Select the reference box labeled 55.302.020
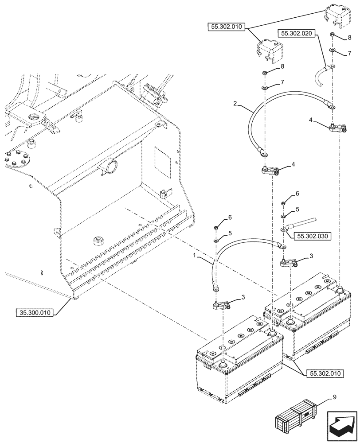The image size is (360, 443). coord(297,33)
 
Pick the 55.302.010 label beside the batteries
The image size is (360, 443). coord(325,373)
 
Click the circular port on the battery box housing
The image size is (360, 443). coord(109,167)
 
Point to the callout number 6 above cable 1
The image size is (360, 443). coord(230,218)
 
